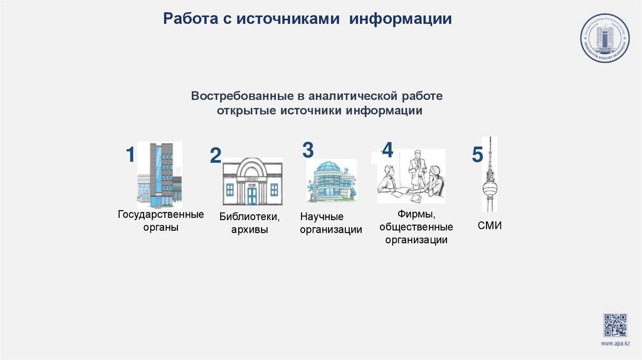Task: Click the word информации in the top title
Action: click(x=401, y=19)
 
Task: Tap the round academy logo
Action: click(x=604, y=38)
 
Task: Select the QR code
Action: click(x=615, y=325)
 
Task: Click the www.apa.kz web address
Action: click(x=615, y=344)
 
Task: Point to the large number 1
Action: click(x=130, y=154)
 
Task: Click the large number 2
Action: click(x=216, y=156)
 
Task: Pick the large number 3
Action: click(x=308, y=150)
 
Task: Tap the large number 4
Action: click(x=387, y=150)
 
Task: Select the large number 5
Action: click(x=478, y=156)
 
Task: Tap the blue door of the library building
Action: click(x=252, y=195)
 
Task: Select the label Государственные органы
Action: click(x=160, y=221)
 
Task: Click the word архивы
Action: click(x=250, y=230)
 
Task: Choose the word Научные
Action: click(x=322, y=217)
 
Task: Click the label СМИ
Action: click(x=490, y=225)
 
